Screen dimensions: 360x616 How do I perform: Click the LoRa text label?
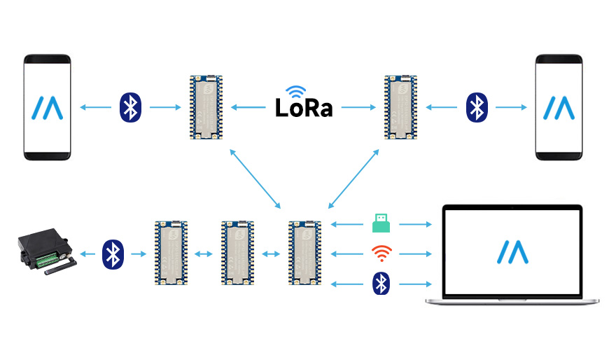click(x=303, y=109)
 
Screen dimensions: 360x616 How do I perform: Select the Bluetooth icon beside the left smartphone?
click(x=129, y=106)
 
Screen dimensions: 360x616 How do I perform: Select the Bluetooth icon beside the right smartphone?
click(x=477, y=106)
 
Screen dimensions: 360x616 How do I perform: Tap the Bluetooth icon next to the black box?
click(x=112, y=253)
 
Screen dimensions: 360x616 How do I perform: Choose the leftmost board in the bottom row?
click(x=171, y=253)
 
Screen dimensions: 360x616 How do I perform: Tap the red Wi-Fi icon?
click(x=381, y=252)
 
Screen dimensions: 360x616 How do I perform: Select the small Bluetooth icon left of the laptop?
click(x=381, y=282)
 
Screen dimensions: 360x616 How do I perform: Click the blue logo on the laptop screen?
click(x=513, y=252)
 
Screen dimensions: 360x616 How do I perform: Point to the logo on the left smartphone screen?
click(x=47, y=108)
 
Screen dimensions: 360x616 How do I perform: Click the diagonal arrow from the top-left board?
click(x=255, y=179)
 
